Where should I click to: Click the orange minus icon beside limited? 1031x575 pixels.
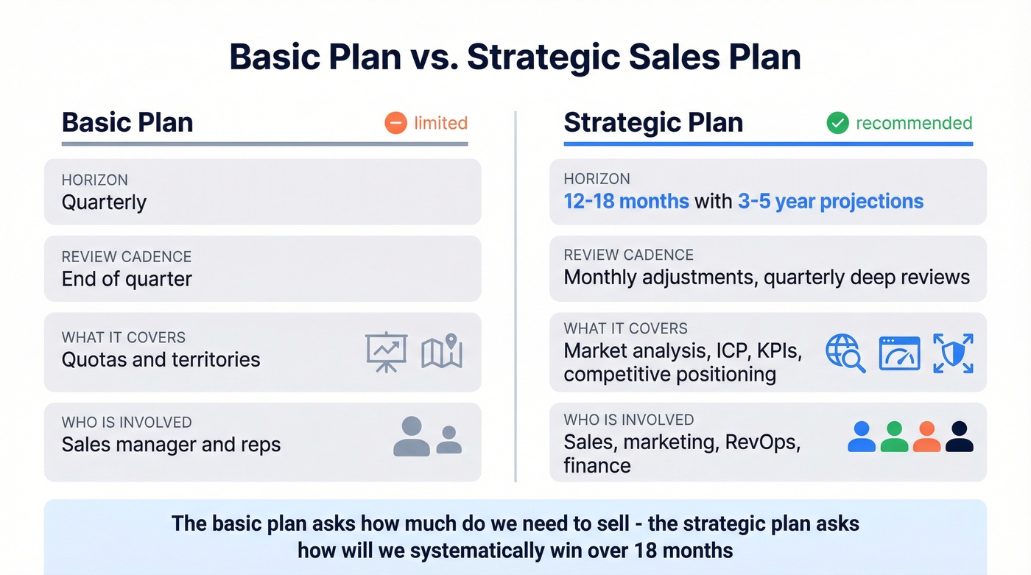[395, 123]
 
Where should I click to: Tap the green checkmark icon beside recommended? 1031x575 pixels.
[837, 123]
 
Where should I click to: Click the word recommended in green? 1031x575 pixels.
[914, 123]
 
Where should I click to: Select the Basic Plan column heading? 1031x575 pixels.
[127, 122]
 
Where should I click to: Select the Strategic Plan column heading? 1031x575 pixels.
[653, 122]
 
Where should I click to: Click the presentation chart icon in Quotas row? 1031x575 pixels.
[386, 352]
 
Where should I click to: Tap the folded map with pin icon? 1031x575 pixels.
[442, 352]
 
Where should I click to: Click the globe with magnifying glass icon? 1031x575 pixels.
[845, 353]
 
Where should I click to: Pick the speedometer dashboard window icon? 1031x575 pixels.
[899, 353]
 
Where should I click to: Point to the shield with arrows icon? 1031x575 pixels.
[953, 353]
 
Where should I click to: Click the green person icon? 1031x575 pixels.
[894, 437]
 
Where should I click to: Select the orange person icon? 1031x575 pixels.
[926, 437]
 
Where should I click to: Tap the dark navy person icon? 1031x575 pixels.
[959, 437]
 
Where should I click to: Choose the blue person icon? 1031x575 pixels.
[862, 437]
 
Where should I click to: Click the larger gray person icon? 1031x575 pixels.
[411, 437]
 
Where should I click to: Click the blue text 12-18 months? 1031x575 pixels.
[626, 201]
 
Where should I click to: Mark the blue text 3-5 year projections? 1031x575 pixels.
[831, 201]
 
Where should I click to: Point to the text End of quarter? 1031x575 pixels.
[127, 279]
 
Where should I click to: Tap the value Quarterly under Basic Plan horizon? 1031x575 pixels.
[104, 202]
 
